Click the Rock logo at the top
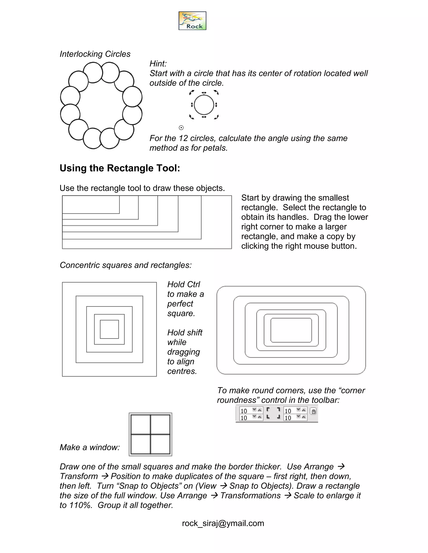coord(192,21)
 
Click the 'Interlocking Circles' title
coord(95,54)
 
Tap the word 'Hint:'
coord(158,64)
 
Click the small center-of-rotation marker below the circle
coord(181,128)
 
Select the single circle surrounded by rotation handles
coord(204,105)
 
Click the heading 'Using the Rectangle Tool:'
coord(120,168)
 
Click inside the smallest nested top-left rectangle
coord(90,205)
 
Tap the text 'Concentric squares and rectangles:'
coord(126,265)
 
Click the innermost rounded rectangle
coord(291,330)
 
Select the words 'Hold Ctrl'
coord(183,284)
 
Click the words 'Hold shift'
coord(185,332)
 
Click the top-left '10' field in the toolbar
coord(245,411)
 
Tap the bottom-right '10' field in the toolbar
coord(289,418)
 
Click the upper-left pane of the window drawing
coord(140,424)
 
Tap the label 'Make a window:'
coord(89,447)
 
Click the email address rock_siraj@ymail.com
coord(223,523)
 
